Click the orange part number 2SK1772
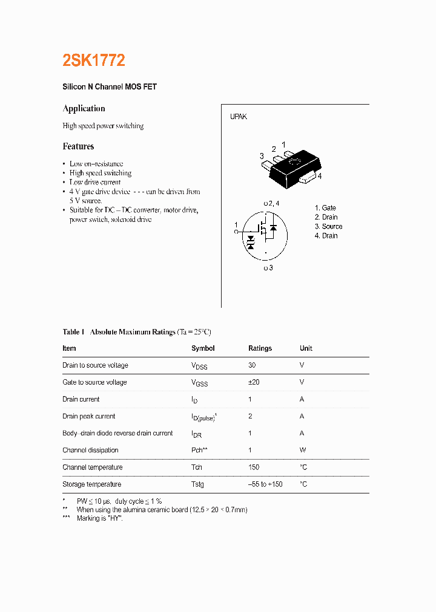[x=94, y=60]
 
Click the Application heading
[x=84, y=109]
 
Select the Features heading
[x=78, y=146]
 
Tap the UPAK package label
[x=238, y=117]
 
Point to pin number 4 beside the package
[x=319, y=176]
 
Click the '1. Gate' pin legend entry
[x=325, y=208]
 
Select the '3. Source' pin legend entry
[x=328, y=227]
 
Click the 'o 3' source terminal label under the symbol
[x=268, y=268]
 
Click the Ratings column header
[x=260, y=348]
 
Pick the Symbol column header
[x=203, y=348]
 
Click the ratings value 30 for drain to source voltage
[x=252, y=365]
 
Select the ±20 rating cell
[x=254, y=382]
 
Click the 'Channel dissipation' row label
[x=90, y=450]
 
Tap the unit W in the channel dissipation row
[x=303, y=450]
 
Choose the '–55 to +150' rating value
[x=265, y=484]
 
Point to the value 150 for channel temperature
[x=254, y=467]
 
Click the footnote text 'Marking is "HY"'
[x=99, y=519]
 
